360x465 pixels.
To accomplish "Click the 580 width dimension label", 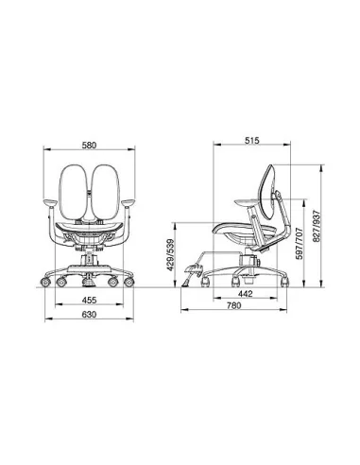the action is pos(89,146).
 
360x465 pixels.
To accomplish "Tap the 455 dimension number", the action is pos(89,301).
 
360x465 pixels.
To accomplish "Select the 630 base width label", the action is pos(89,315).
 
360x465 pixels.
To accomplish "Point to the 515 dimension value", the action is pos(252,141).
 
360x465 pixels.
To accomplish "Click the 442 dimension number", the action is pos(245,294).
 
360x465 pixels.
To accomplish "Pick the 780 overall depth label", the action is pos(233,305).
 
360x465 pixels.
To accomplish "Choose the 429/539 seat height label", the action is pos(170,255).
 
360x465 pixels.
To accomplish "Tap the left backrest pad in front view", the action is pos(74,192).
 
